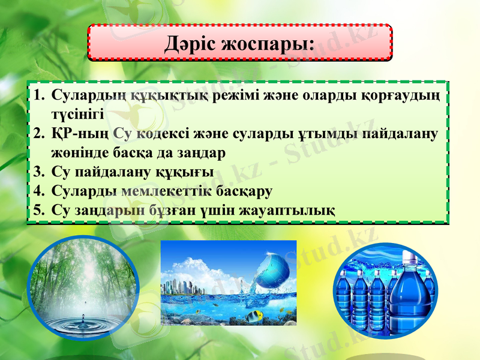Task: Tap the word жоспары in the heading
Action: pyautogui.click(x=268, y=44)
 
